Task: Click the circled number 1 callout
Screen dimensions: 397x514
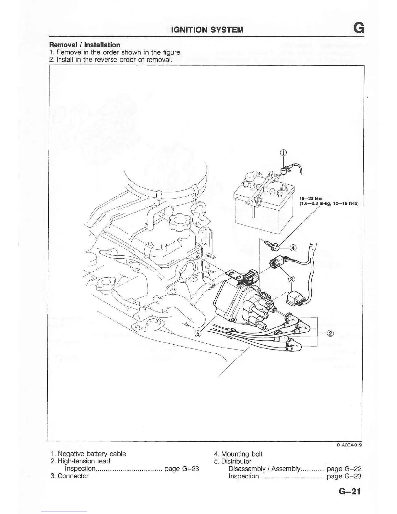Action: tap(283, 153)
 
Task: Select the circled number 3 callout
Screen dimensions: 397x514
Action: tap(291, 279)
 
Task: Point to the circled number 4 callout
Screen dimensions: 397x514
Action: tap(293, 248)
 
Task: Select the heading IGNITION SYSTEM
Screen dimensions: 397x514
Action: tap(207, 30)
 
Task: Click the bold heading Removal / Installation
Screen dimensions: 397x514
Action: tap(84, 45)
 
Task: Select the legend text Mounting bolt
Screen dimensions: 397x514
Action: tap(242, 454)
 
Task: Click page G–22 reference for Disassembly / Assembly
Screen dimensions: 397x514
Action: tap(344, 469)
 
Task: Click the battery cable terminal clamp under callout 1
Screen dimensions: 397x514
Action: tap(284, 169)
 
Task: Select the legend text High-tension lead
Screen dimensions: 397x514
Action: tap(84, 461)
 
